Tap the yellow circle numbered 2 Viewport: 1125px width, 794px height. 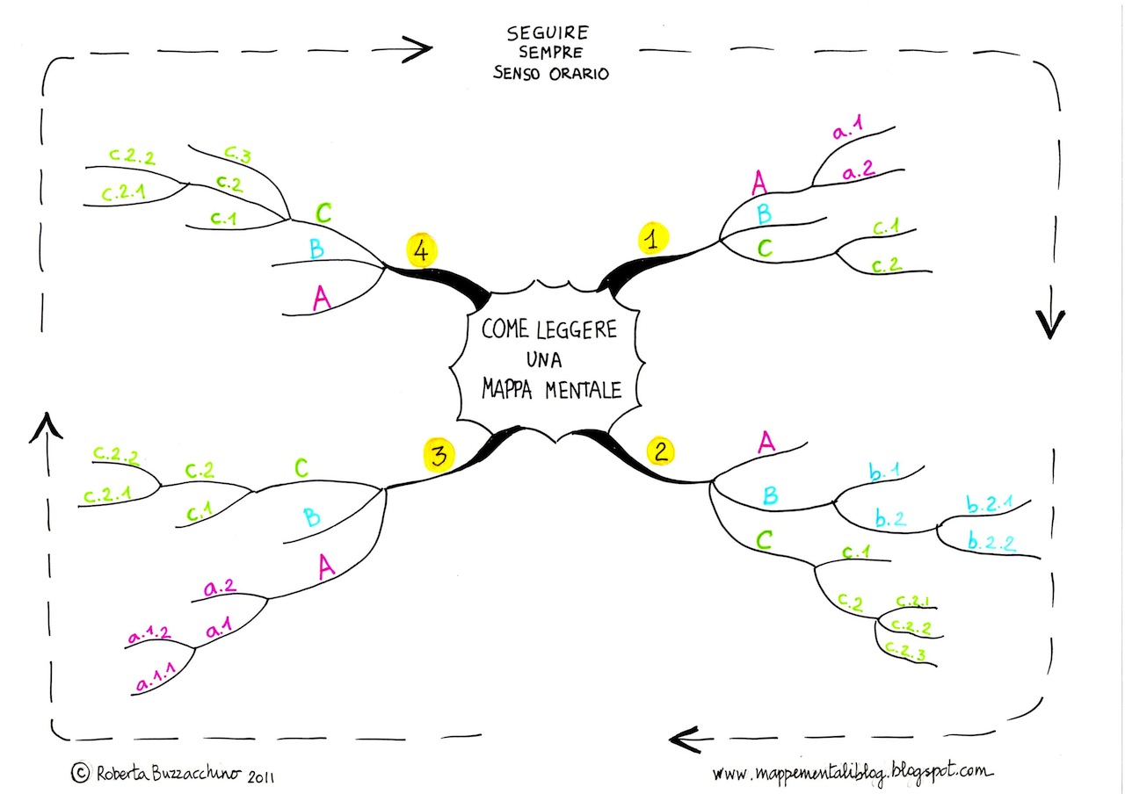point(660,451)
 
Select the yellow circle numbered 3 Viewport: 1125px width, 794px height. point(439,455)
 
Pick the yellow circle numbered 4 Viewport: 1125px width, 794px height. point(422,249)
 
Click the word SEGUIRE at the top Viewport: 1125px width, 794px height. point(548,33)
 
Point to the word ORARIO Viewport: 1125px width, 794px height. point(579,74)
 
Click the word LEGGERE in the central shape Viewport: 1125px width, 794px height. point(576,329)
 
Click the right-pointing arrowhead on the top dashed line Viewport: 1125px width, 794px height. point(417,48)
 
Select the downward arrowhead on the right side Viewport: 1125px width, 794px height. point(1050,324)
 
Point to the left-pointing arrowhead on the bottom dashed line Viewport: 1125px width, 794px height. point(686,740)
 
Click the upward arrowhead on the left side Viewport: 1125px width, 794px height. point(47,428)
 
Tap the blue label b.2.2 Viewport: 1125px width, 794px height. point(991,543)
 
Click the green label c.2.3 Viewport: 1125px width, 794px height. point(904,651)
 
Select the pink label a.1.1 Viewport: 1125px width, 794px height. point(156,677)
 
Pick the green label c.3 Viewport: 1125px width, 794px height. point(237,154)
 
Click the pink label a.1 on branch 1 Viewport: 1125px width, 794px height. point(848,127)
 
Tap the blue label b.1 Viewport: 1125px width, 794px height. point(884,472)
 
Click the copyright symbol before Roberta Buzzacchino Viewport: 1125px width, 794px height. point(80,772)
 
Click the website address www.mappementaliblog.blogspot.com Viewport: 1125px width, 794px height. point(853,771)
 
